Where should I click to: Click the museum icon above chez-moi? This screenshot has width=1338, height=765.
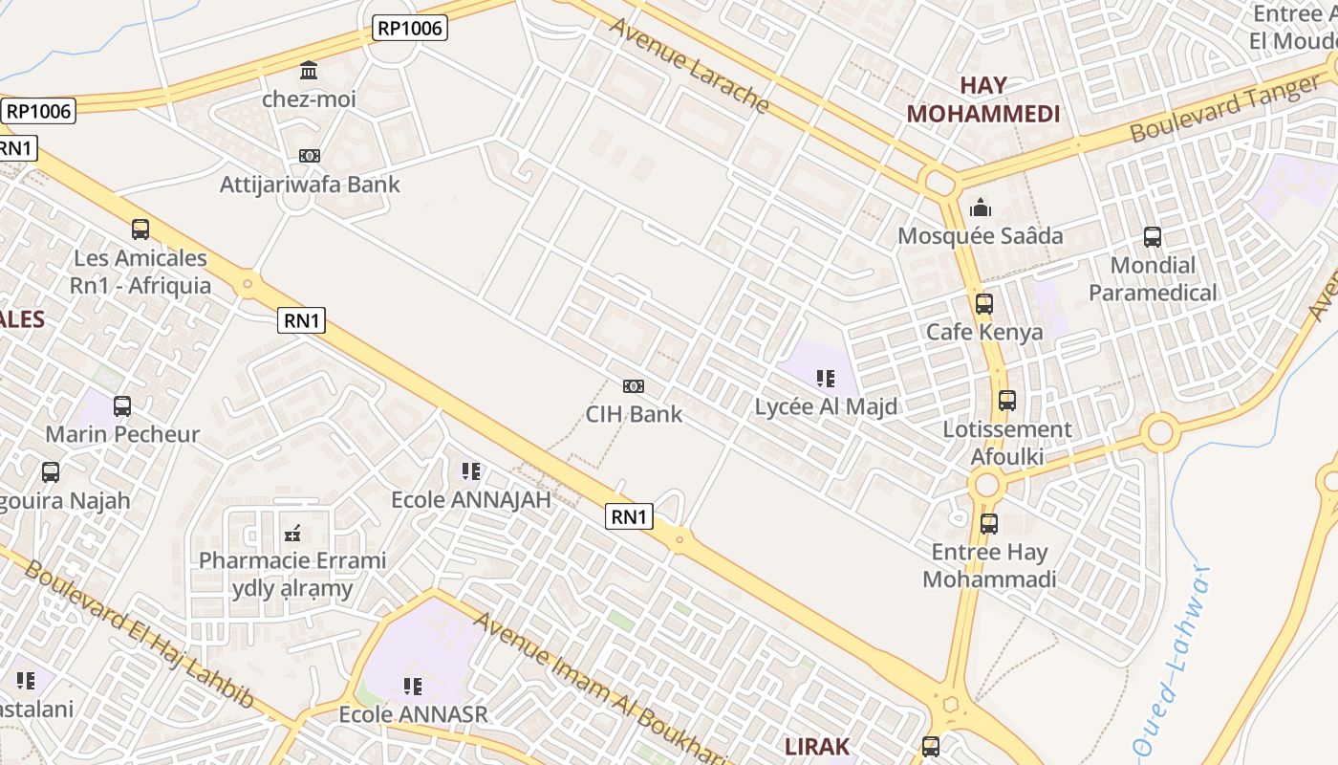pyautogui.click(x=309, y=71)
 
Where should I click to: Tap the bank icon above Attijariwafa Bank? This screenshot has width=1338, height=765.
pyautogui.click(x=310, y=156)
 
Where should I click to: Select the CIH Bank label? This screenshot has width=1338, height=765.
pyautogui.click(x=634, y=414)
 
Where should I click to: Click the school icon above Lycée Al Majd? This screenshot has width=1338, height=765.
pyautogui.click(x=826, y=379)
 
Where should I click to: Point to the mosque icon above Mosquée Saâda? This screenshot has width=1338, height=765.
pyautogui.click(x=981, y=208)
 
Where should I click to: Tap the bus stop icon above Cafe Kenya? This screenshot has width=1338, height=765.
pyautogui.click(x=984, y=304)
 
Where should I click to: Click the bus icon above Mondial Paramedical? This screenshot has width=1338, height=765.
pyautogui.click(x=1153, y=236)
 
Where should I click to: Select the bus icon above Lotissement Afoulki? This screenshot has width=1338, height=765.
pyautogui.click(x=1006, y=401)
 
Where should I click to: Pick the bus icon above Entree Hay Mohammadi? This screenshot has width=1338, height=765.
pyautogui.click(x=989, y=524)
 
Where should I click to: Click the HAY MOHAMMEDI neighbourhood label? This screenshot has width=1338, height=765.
pyautogui.click(x=983, y=99)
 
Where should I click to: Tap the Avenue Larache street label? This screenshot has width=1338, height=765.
pyautogui.click(x=689, y=65)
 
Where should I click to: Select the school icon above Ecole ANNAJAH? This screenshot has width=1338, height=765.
pyautogui.click(x=471, y=471)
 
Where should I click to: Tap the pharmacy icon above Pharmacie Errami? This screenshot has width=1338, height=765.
pyautogui.click(x=292, y=533)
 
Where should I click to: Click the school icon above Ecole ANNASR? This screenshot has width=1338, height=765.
pyautogui.click(x=413, y=686)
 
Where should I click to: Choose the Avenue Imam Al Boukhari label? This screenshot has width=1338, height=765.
pyautogui.click(x=601, y=688)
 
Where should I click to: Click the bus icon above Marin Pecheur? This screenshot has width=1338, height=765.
pyautogui.click(x=122, y=406)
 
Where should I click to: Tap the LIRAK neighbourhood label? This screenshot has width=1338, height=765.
pyautogui.click(x=817, y=746)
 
